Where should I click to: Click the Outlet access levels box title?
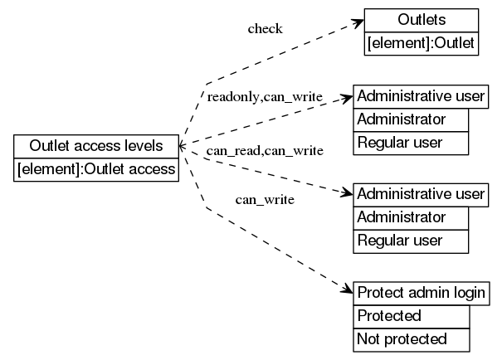(96, 147)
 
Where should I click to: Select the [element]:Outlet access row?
(96, 169)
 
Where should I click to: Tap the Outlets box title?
(421, 20)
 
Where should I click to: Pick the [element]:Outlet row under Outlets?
(421, 43)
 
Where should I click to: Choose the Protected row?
(412, 316)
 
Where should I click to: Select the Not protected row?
(412, 338)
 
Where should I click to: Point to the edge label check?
(265, 29)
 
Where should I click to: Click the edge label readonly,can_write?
(265, 97)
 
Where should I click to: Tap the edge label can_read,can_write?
(265, 150)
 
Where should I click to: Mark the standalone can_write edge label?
(265, 199)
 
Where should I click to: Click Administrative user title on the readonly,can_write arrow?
(421, 96)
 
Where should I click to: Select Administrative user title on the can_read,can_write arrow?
(421, 195)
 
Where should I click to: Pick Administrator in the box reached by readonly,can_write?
(412, 119)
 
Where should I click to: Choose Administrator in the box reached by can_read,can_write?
(412, 217)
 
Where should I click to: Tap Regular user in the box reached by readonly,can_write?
(412, 143)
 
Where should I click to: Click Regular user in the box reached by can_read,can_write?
(412, 241)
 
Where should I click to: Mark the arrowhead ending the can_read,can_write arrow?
(348, 194)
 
